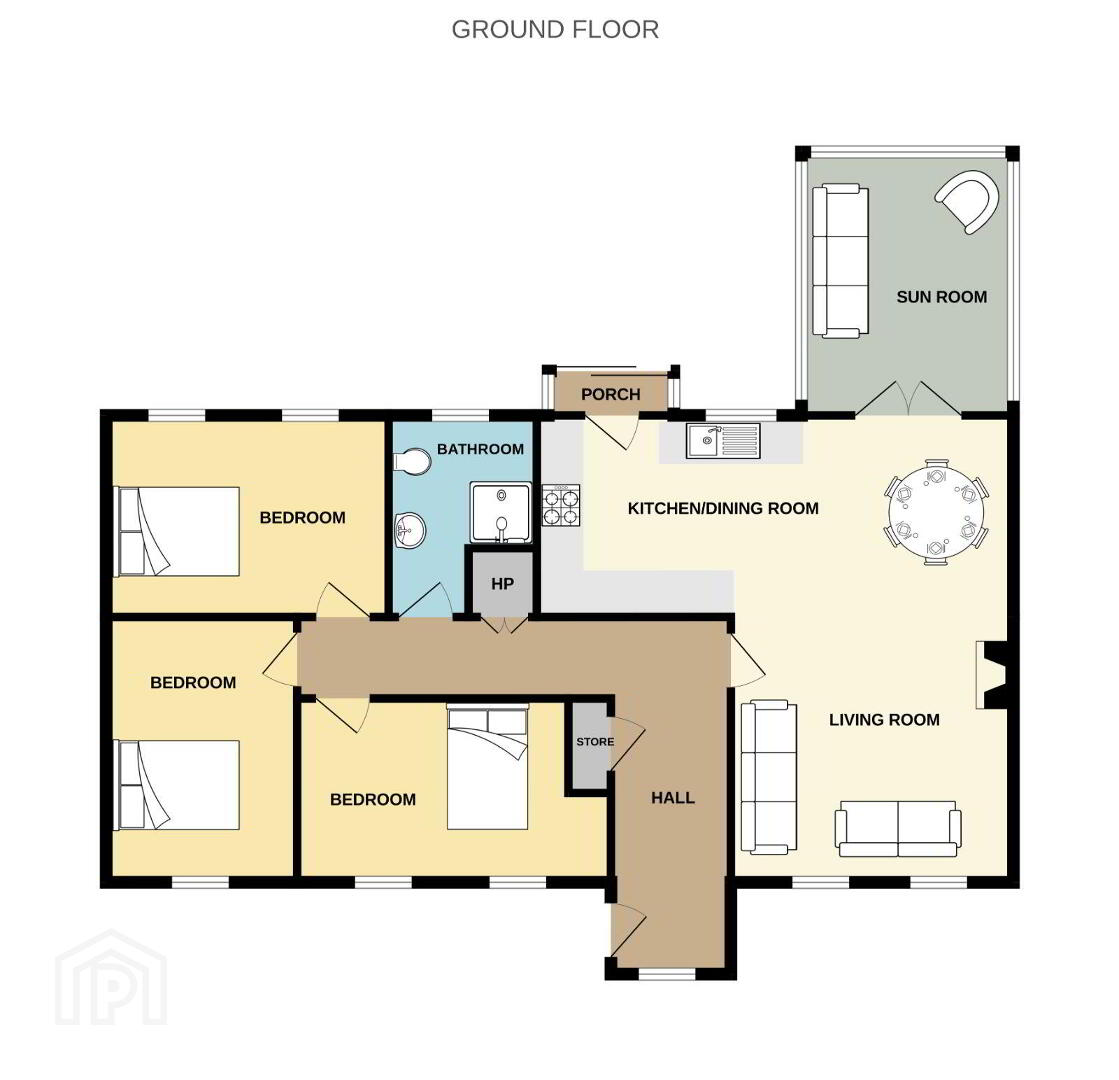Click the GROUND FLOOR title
pos(555,30)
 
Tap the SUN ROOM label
pos(941,297)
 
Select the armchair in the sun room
pos(966,201)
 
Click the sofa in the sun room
pos(841,261)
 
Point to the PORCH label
pos(610,395)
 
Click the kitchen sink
pos(723,440)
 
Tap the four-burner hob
pos(561,505)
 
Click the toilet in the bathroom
pos(412,462)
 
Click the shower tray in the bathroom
pos(501,513)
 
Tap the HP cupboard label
pos(502,584)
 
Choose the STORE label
pos(595,742)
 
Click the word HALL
pos(673,798)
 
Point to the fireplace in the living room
pos(992,675)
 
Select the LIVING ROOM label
pos(884,720)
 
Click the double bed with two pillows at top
pos(488,767)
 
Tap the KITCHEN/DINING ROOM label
pos(723,509)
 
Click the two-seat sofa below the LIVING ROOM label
pos(898,828)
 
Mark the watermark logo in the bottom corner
pos(111,977)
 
